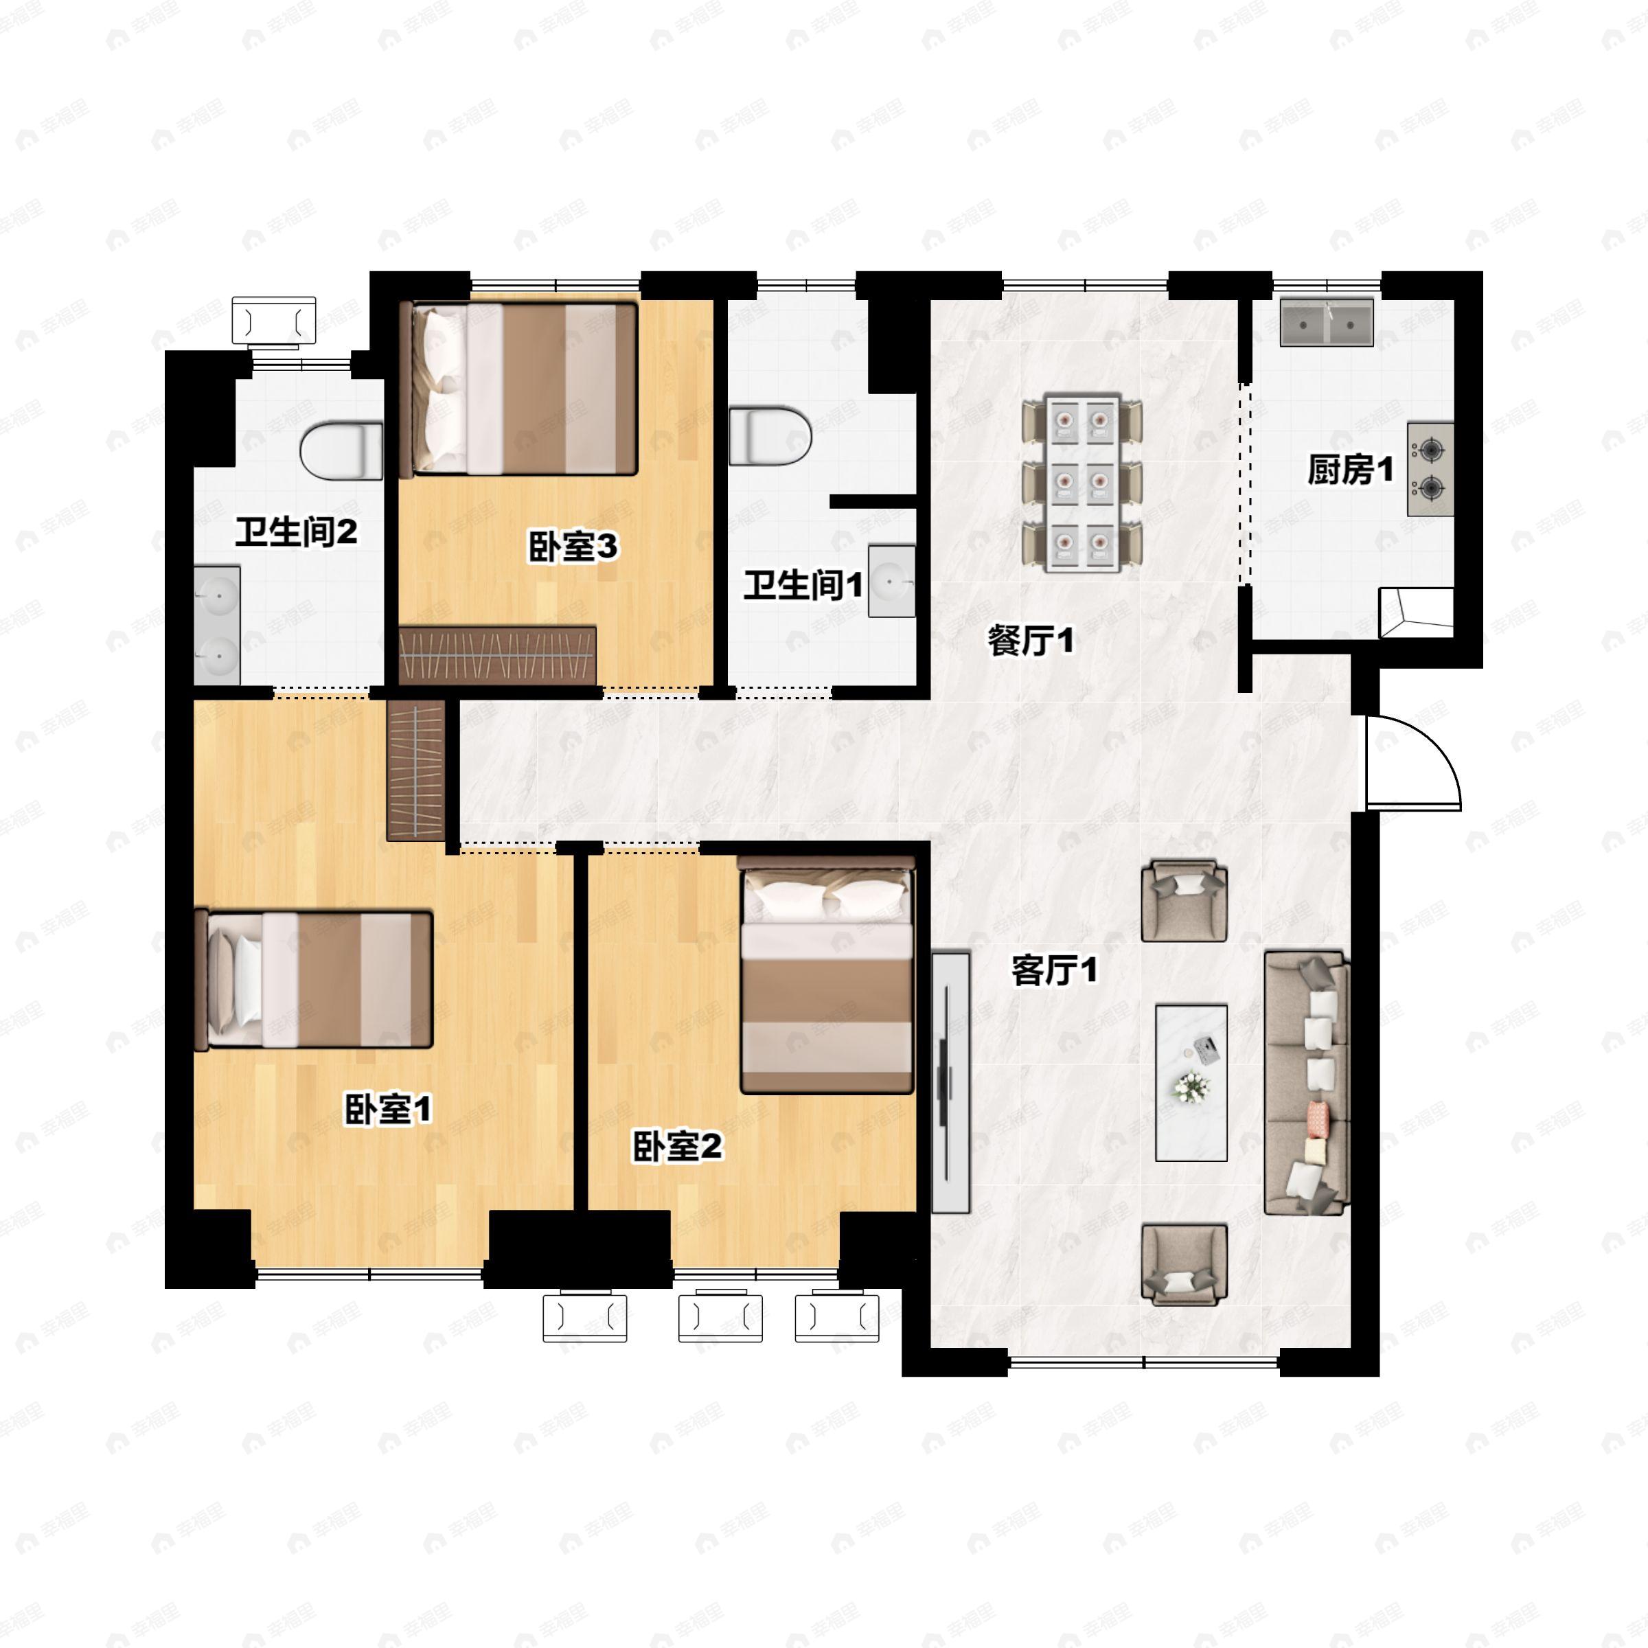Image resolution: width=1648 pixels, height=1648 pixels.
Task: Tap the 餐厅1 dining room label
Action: (1031, 641)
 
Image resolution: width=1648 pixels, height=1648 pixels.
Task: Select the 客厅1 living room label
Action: (1054, 970)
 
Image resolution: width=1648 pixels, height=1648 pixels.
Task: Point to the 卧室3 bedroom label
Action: (573, 547)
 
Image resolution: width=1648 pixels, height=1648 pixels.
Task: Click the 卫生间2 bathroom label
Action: (296, 532)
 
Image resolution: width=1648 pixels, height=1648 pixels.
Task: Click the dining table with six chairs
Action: (1082, 483)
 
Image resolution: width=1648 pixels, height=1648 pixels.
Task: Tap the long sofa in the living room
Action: (1307, 1084)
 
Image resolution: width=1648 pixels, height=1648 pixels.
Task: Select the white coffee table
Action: (1191, 1082)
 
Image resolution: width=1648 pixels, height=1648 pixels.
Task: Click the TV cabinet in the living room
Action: (950, 1082)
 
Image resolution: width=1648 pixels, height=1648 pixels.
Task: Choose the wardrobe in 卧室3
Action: (497, 655)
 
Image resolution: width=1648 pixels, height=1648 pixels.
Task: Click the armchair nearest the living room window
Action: (1184, 1264)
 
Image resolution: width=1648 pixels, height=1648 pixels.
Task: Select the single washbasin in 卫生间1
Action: (892, 581)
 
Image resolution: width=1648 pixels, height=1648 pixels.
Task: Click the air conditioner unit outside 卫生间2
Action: (274, 321)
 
